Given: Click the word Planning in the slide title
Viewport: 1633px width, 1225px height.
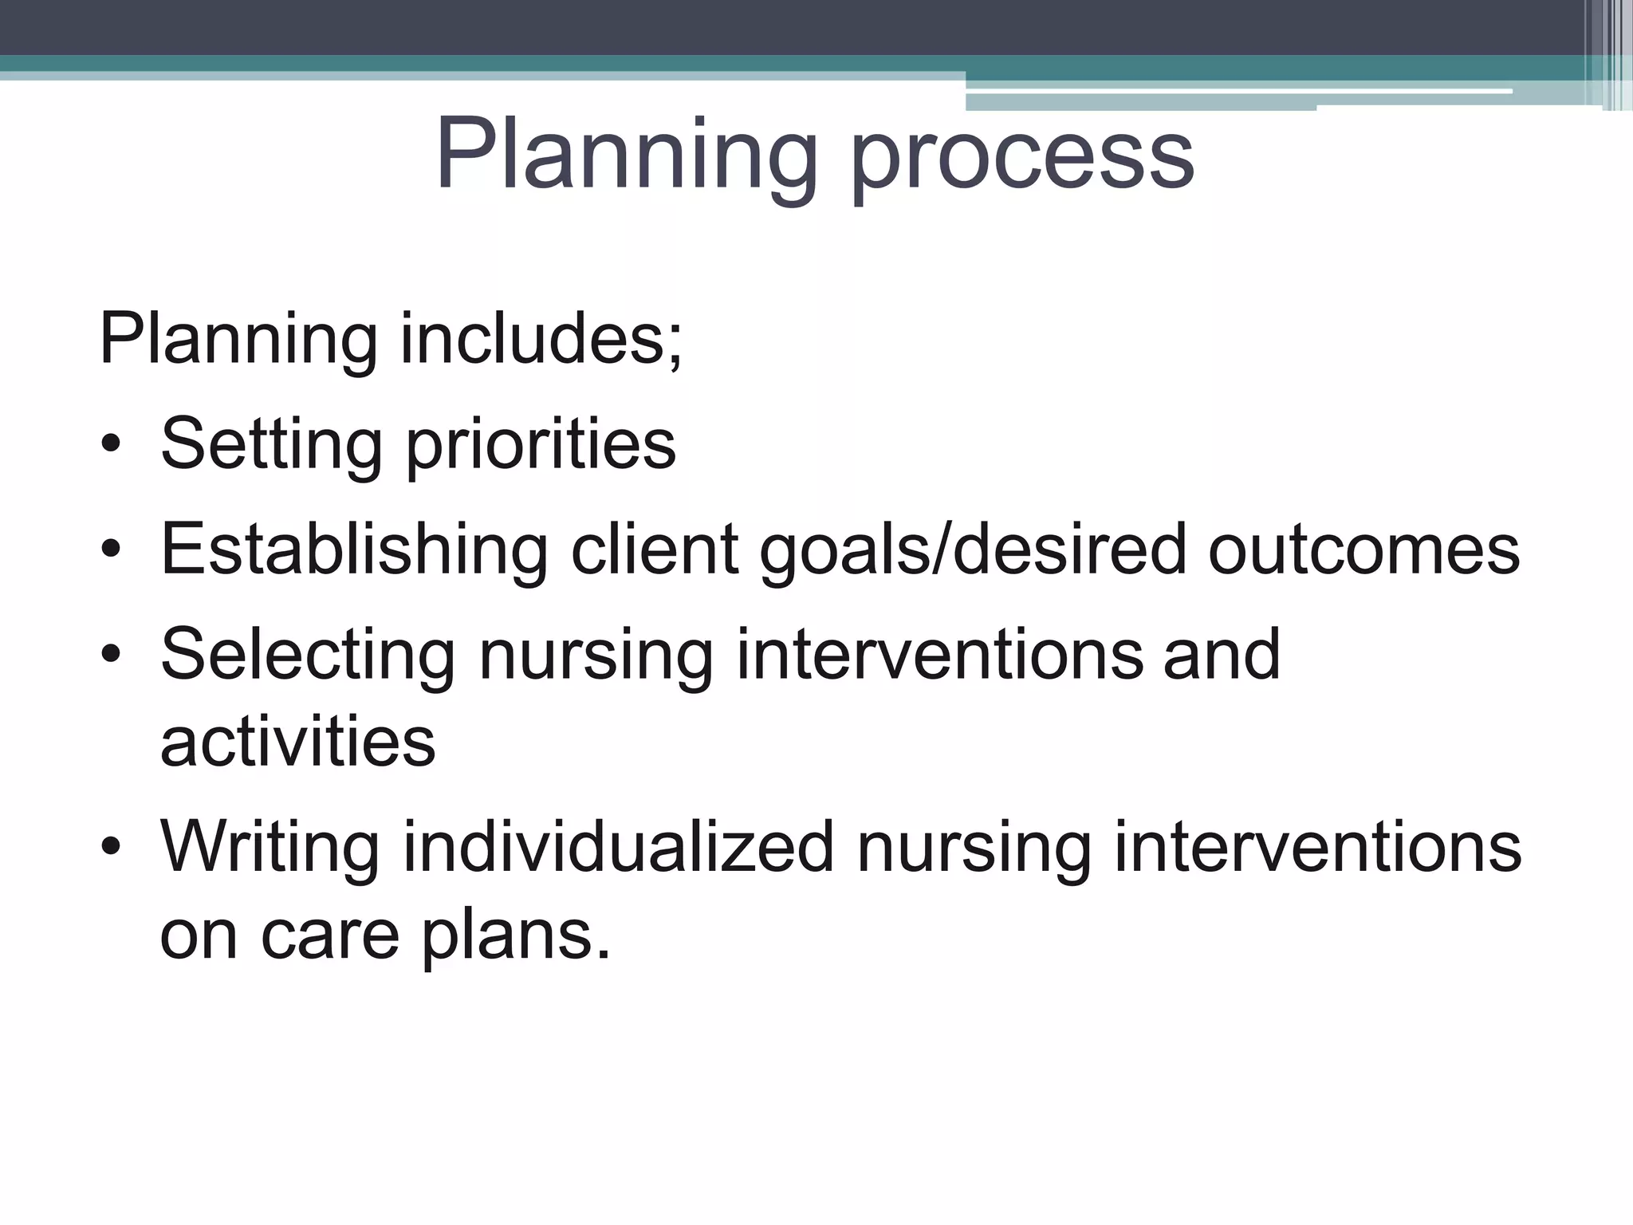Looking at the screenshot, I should (x=626, y=156).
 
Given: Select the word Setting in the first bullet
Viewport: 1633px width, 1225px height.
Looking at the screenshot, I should (x=271, y=444).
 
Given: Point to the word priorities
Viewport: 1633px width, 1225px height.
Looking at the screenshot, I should (x=541, y=444).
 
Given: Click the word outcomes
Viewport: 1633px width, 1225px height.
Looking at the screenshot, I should (x=1363, y=549).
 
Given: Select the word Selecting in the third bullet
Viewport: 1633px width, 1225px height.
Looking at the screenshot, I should (x=307, y=654).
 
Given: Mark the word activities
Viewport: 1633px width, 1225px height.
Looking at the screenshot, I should (x=297, y=742).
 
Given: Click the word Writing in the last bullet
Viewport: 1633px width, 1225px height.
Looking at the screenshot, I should (x=270, y=847).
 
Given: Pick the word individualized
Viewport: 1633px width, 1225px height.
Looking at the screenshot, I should (x=618, y=847).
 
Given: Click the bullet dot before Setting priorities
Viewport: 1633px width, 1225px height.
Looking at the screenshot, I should (x=111, y=445).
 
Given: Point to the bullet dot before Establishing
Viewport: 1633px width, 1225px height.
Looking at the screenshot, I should (x=111, y=550).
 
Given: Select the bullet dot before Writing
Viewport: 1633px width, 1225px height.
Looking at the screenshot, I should (x=111, y=848).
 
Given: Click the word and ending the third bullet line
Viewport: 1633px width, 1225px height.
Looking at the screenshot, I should (x=1221, y=654).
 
